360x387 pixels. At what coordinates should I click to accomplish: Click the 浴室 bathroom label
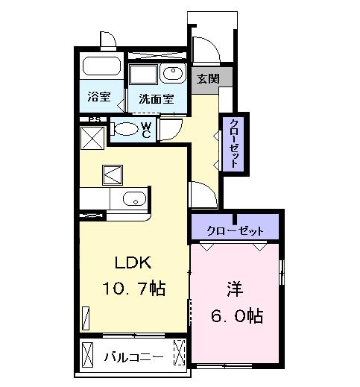click(x=97, y=96)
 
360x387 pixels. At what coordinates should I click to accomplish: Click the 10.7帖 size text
click(x=134, y=288)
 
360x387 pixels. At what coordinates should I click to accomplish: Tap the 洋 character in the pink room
click(x=234, y=288)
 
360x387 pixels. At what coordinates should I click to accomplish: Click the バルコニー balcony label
click(x=133, y=356)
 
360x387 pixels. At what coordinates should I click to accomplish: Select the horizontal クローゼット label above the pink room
click(x=235, y=230)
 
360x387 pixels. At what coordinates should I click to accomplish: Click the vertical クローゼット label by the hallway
click(x=234, y=142)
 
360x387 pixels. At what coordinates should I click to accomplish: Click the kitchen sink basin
click(x=134, y=199)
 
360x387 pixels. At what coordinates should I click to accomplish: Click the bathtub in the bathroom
click(x=101, y=66)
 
